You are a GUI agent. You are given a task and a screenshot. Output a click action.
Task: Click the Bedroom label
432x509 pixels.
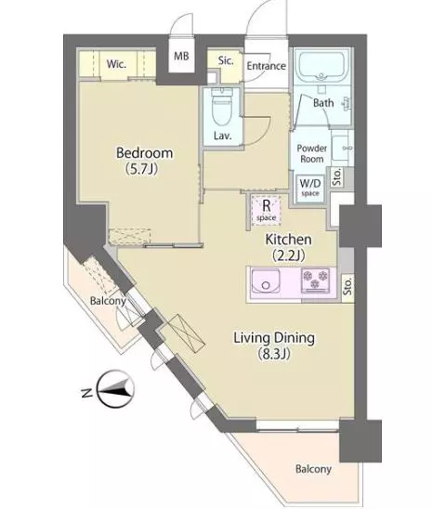144,153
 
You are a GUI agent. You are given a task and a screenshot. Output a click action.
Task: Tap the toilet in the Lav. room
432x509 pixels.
222,107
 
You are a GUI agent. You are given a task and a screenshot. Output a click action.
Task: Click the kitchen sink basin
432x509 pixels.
266,282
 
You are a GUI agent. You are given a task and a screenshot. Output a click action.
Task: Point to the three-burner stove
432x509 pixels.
315,279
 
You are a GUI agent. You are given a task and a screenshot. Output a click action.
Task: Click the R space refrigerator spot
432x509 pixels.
266,211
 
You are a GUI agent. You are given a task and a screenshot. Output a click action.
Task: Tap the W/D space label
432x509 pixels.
310,188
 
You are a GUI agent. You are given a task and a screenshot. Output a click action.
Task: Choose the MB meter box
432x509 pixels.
181,56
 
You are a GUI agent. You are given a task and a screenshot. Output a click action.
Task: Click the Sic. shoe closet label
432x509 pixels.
226,60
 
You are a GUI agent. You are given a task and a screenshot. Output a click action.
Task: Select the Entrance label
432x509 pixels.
266,66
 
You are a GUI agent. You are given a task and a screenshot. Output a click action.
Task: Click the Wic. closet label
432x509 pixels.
116,64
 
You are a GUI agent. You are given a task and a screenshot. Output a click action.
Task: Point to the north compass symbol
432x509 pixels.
116,389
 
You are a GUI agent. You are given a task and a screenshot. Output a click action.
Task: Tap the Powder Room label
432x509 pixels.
311,154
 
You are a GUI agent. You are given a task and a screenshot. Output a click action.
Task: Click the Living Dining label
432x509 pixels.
274,339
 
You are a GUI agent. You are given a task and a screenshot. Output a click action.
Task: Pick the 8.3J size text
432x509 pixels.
274,354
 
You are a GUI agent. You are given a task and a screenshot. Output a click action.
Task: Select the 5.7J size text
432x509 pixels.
141,169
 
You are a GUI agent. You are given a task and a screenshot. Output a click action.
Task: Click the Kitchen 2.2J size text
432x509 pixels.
289,255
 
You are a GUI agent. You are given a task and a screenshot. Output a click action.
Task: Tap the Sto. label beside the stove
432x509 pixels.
348,286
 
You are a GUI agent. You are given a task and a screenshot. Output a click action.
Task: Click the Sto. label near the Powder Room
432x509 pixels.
337,176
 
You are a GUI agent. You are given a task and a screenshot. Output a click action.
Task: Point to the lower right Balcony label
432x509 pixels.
313,469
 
